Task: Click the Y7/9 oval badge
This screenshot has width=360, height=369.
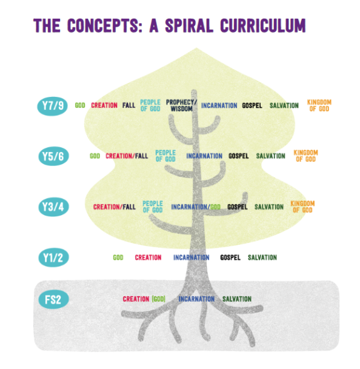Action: (53, 106)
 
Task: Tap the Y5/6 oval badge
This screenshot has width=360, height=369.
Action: (53, 156)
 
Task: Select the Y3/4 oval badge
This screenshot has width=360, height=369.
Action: (53, 207)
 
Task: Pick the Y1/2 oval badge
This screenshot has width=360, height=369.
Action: (53, 258)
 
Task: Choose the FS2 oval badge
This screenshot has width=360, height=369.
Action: (53, 299)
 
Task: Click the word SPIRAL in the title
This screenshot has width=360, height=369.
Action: (189, 25)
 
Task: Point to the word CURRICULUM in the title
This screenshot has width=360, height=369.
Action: (263, 25)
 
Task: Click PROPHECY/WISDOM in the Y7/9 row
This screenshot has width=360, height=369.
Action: (181, 105)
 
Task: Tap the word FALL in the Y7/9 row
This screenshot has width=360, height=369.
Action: (129, 105)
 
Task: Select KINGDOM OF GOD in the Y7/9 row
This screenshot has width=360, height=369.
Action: (319, 105)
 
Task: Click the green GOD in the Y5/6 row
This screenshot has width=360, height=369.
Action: (95, 156)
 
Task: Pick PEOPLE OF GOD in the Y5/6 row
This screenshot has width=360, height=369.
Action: (165, 156)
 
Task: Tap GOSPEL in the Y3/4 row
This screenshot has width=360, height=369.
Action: (238, 207)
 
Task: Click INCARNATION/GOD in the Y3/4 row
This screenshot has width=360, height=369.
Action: (196, 207)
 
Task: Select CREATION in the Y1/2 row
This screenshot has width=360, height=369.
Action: (148, 258)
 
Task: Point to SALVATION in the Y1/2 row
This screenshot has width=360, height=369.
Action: (262, 258)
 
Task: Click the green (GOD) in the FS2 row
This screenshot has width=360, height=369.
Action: (158, 299)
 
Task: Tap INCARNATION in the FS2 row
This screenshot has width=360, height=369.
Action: (196, 299)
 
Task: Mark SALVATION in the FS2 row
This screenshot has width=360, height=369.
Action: (237, 299)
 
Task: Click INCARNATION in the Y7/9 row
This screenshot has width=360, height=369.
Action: (219, 105)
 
